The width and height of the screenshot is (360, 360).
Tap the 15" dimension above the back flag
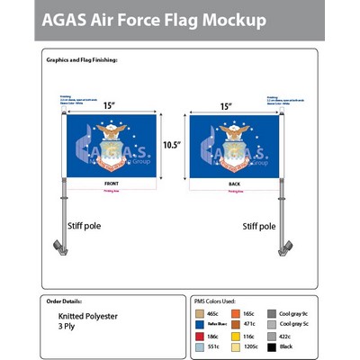pos(227,105)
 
